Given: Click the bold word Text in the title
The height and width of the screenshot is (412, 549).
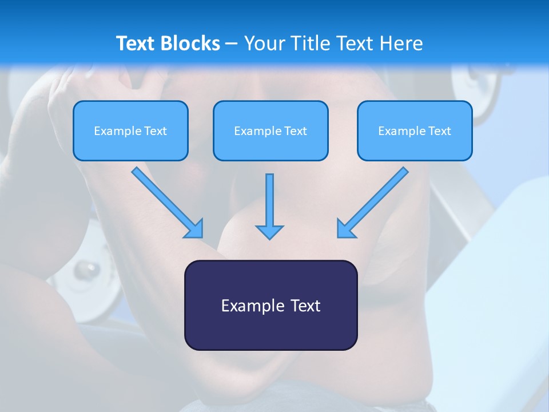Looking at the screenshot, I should (x=136, y=43).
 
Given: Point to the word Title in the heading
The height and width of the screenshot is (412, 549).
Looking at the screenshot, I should (x=309, y=43).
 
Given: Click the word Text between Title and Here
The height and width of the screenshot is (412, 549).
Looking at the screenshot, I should (x=354, y=43).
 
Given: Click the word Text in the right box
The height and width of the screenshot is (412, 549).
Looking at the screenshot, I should (x=440, y=131).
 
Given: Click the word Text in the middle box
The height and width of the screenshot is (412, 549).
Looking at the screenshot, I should (x=296, y=131).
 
